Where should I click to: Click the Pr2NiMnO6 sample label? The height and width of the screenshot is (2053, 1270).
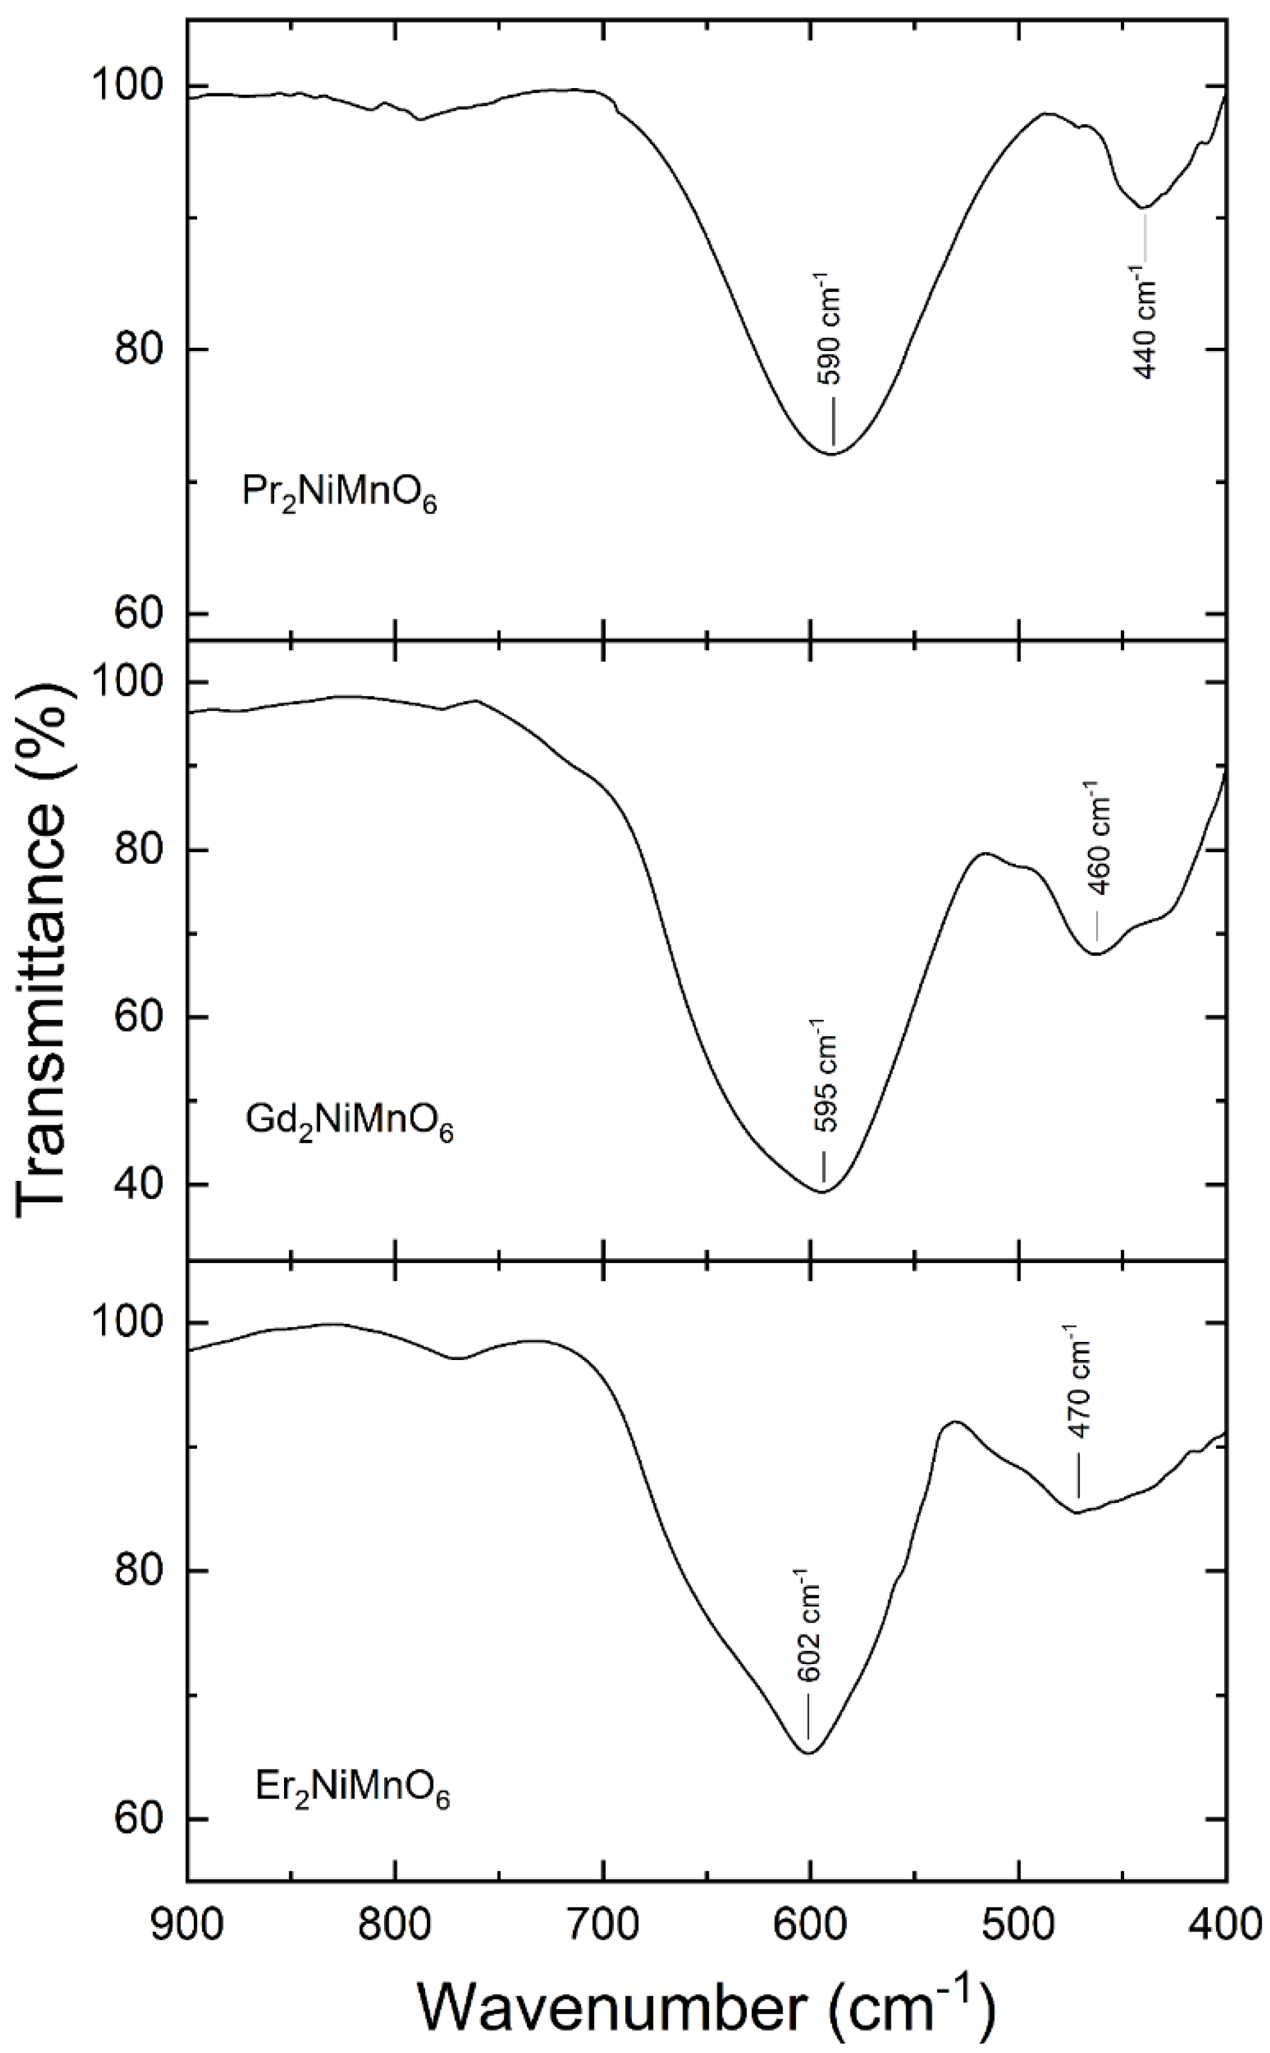pos(340,494)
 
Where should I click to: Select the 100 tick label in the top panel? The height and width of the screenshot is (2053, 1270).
pos(126,86)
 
